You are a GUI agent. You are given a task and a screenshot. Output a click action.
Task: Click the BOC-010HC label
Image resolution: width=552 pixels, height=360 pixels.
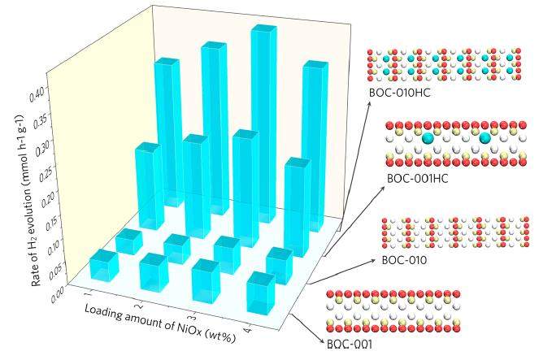399,93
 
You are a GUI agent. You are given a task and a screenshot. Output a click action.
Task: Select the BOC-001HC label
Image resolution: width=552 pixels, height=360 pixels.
418,179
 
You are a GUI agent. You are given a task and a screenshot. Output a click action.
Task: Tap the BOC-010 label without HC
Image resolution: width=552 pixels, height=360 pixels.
404,260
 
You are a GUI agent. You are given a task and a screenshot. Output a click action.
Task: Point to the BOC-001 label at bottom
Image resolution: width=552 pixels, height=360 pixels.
350,344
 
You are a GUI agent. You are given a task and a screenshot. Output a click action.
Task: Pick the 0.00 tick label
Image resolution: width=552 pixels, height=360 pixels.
58,293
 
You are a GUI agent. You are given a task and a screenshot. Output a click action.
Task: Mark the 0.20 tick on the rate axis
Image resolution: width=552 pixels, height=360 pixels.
47,201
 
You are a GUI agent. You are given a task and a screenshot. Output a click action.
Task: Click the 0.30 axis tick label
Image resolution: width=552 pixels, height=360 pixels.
41,147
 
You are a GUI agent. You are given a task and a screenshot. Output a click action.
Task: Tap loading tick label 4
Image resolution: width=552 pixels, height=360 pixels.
249,331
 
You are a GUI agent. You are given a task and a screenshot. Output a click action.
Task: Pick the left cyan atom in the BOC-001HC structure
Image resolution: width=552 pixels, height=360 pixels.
428,138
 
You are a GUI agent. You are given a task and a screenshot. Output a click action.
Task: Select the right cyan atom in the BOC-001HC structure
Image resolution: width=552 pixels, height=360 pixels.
485,138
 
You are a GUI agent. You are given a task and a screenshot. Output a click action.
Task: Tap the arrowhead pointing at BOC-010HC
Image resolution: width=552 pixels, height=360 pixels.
369,103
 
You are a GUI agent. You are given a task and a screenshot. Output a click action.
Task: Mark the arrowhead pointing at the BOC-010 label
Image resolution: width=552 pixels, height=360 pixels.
373,260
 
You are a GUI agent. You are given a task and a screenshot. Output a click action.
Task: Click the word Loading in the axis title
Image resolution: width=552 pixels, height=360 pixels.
102,310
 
